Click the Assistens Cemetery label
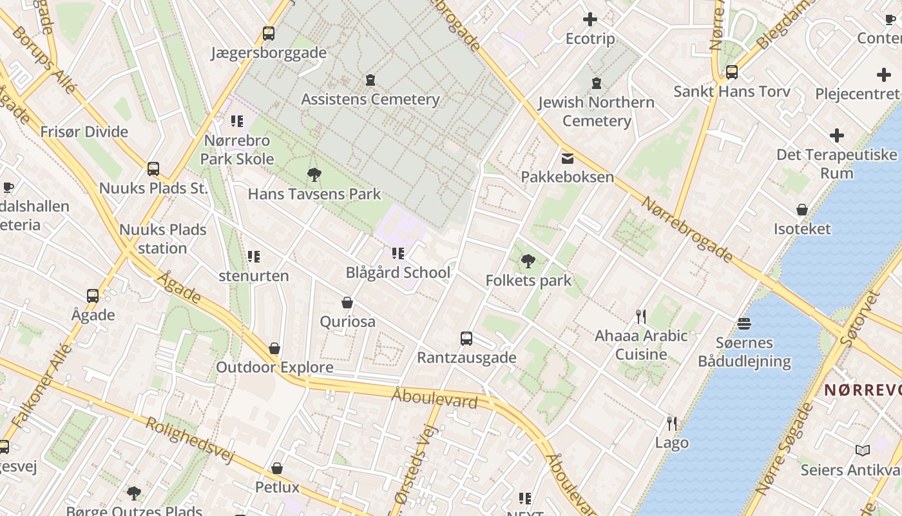(370, 99)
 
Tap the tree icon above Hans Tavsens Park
(314, 174)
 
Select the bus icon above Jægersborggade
(269, 34)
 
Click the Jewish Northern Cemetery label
(597, 112)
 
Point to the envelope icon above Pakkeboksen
(568, 158)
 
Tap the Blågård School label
(398, 272)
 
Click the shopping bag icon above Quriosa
(347, 303)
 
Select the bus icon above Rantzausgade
(466, 339)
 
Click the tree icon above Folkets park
(528, 261)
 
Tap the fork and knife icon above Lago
(672, 424)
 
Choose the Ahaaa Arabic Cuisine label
(641, 345)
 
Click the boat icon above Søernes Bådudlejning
(744, 323)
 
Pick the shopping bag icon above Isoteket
(802, 210)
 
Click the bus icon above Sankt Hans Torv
(732, 72)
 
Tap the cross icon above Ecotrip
(590, 20)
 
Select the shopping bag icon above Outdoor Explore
(274, 349)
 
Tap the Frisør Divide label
(84, 132)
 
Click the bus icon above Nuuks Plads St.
(153, 169)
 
